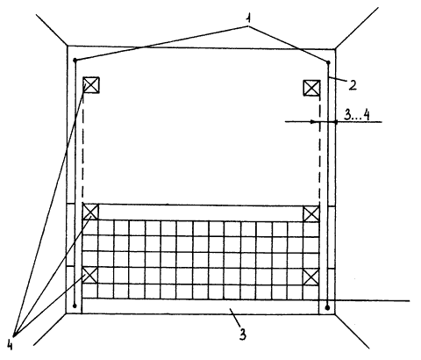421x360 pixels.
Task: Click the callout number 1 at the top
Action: pos(248,18)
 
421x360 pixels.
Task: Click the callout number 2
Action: pos(353,85)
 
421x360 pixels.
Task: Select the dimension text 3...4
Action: pos(356,115)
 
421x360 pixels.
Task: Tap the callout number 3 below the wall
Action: pos(243,335)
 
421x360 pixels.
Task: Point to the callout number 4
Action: pos(10,345)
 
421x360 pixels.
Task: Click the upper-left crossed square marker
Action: pos(91,85)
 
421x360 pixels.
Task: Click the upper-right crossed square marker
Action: pos(311,88)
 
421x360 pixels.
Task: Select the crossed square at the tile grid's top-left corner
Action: pos(90,212)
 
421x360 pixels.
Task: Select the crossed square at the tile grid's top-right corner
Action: pos(311,214)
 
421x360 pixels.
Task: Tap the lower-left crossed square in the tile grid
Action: pos(89,275)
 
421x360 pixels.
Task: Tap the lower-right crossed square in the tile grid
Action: pos(310,277)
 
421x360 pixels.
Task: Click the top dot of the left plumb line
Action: pos(75,60)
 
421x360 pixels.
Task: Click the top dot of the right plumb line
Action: pos(328,62)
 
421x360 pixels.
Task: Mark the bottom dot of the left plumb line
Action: pos(75,306)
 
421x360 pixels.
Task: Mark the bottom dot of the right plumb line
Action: pos(327,307)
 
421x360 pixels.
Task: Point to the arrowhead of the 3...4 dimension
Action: pos(315,121)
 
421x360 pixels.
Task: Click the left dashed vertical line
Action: pos(83,148)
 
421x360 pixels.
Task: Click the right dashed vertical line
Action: pos(319,151)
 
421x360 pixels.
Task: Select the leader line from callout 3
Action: pos(235,318)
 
